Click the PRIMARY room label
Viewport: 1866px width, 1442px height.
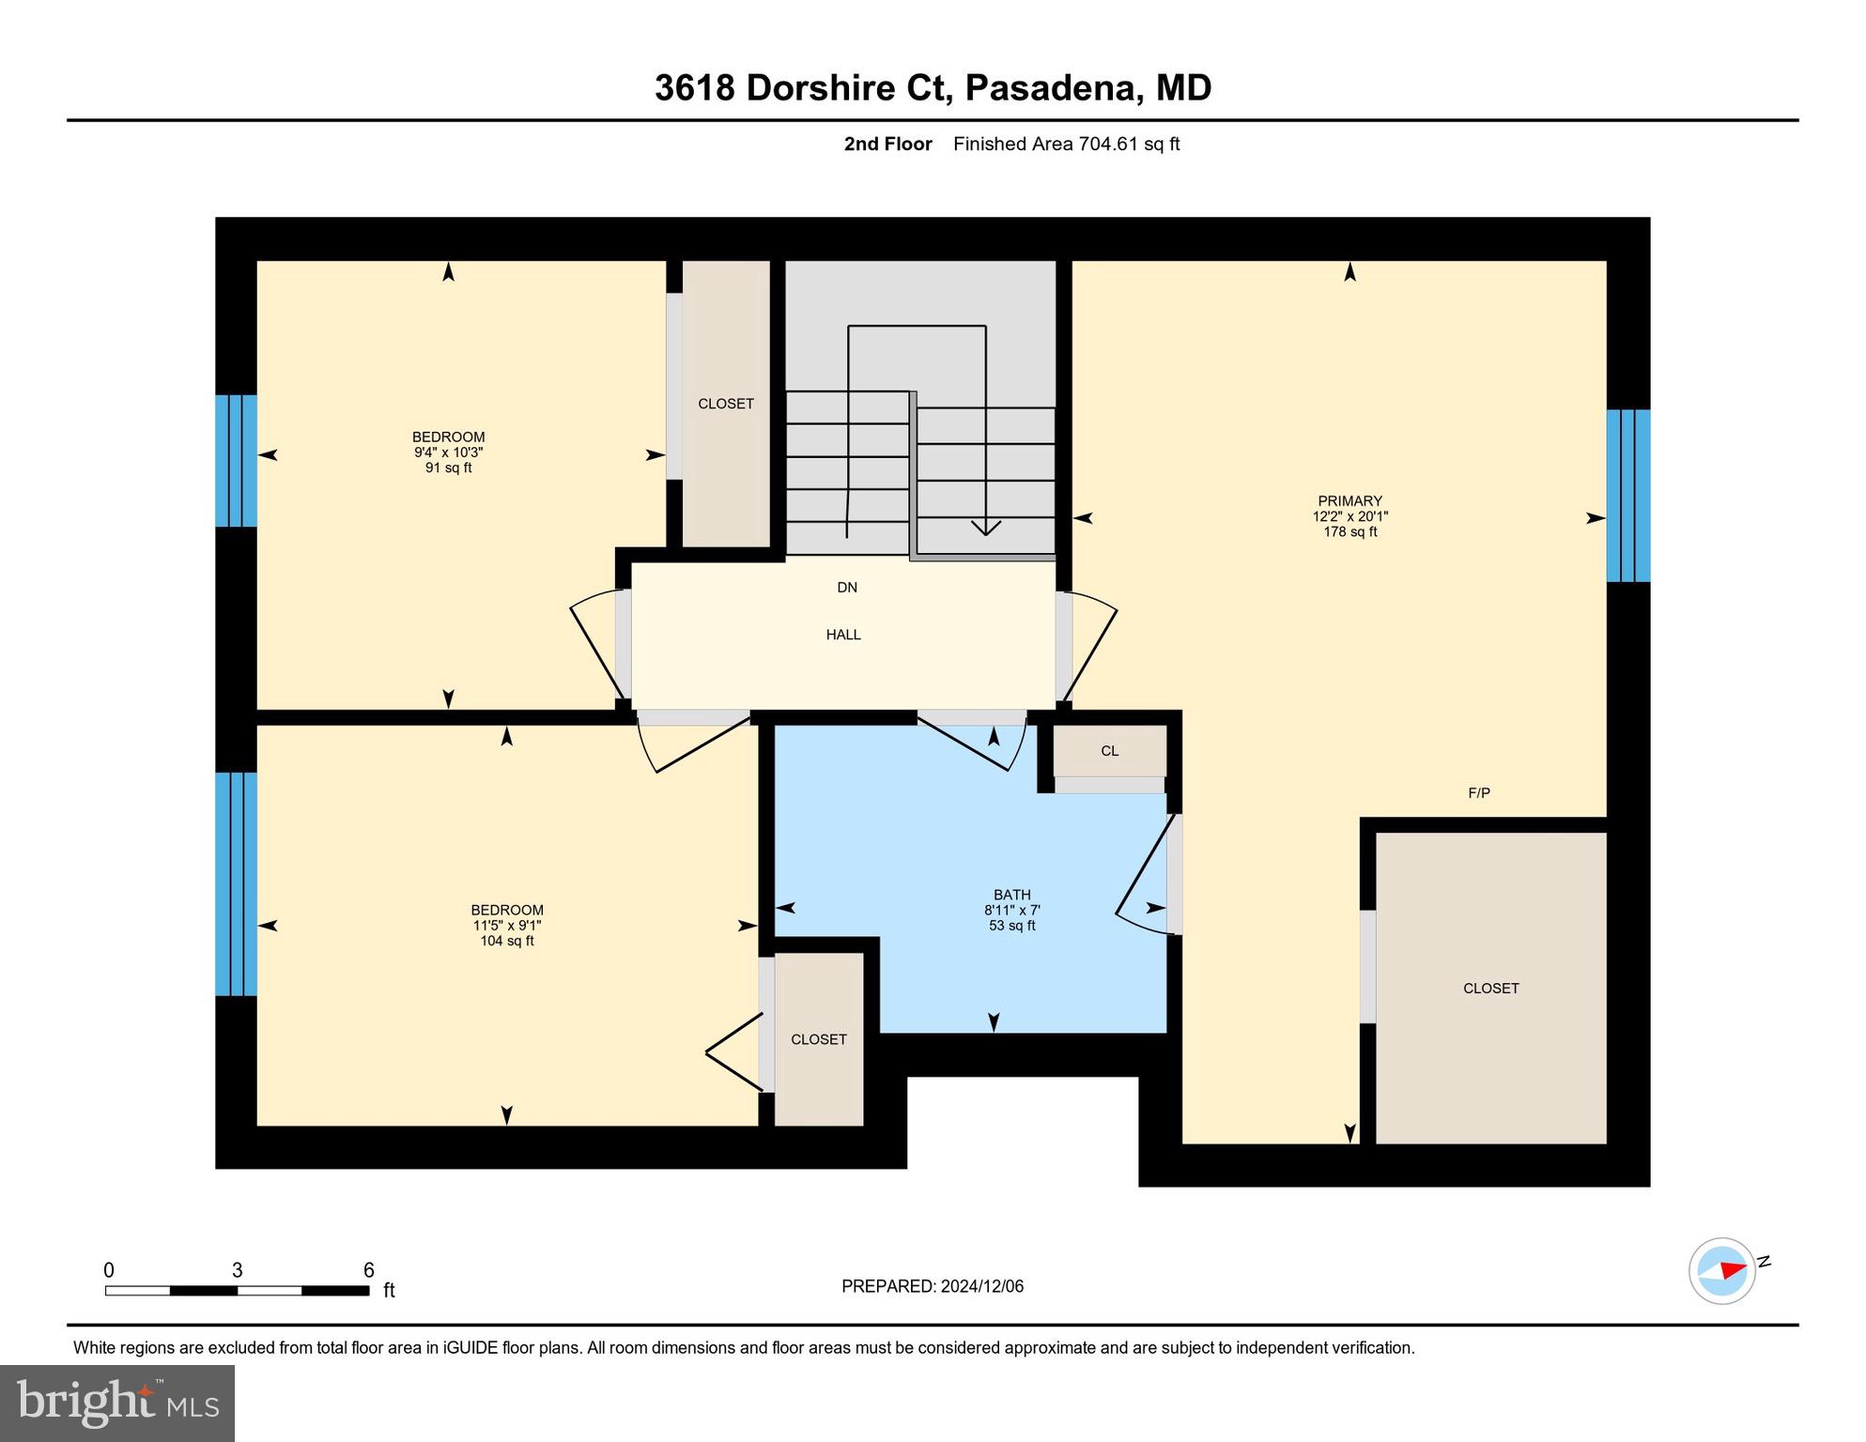click(1349, 501)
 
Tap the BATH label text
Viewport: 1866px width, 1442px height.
click(1011, 895)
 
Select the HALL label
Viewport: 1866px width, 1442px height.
click(843, 635)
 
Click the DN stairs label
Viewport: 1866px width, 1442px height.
click(847, 588)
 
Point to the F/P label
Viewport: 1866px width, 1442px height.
click(1479, 793)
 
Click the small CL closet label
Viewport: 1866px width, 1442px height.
click(1109, 751)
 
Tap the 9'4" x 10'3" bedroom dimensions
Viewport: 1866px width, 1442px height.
click(449, 453)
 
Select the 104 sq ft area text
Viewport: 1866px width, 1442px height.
click(507, 941)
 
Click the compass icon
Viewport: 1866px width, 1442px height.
click(1722, 1271)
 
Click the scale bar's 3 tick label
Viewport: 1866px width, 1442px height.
click(238, 1270)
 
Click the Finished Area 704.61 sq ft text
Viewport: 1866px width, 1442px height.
click(1066, 144)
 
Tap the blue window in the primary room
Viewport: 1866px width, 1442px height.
click(1627, 496)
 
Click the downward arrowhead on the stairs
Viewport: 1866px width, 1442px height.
click(985, 529)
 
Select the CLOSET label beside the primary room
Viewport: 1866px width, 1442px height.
click(1490, 989)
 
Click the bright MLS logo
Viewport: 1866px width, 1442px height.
click(117, 1403)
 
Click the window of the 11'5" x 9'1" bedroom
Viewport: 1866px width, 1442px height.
click(236, 883)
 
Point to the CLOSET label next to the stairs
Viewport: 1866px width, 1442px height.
click(726, 404)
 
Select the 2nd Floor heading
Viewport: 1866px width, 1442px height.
click(887, 144)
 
